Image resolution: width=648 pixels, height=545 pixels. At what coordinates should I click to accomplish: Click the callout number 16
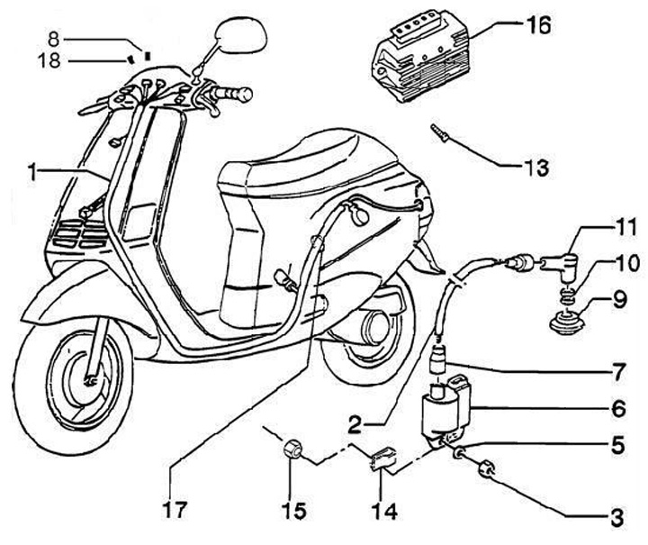tap(537, 26)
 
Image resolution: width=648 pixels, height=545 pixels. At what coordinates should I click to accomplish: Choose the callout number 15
tap(292, 511)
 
